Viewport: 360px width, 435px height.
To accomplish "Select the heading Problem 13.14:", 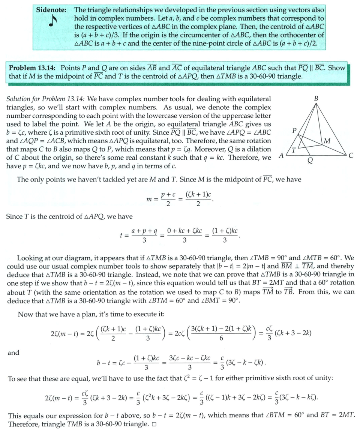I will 33,68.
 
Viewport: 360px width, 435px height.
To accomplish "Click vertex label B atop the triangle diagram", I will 316,99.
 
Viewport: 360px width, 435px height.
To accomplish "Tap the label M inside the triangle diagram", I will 327,141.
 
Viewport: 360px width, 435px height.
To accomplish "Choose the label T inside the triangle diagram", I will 294,150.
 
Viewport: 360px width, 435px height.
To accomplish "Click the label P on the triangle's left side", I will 294,131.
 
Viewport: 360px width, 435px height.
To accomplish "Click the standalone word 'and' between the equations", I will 13,352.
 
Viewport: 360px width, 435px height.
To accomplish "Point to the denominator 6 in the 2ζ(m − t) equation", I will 221,339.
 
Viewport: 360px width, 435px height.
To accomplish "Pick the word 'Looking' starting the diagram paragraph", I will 30,258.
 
